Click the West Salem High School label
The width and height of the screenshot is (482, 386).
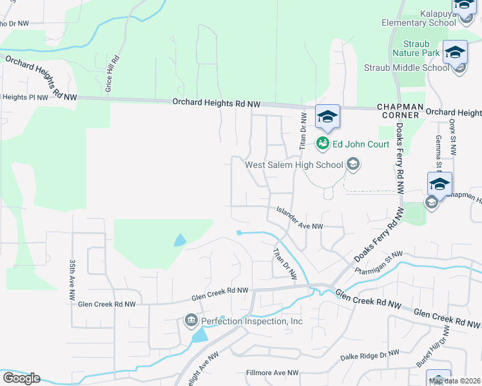294,165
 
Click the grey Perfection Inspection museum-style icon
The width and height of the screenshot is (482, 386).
191,320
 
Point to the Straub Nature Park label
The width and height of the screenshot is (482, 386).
416,48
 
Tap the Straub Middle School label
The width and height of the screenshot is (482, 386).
407,68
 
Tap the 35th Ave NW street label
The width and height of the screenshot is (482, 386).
72,281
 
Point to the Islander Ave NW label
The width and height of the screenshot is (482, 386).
300,217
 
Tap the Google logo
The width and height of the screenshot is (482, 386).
21,378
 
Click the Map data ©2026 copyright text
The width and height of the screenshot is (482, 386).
454,381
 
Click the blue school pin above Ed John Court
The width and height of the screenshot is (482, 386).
327,116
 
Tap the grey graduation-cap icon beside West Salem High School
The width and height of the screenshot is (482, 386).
352,165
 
